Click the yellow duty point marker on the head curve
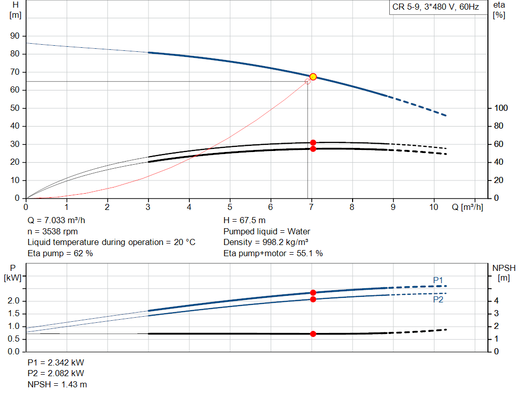[x=313, y=77]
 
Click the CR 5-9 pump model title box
[x=436, y=7]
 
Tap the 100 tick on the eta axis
[x=501, y=108]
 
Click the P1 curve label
[x=438, y=280]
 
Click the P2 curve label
[x=438, y=300]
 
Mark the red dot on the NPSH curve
[x=313, y=334]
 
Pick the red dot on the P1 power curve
[x=313, y=293]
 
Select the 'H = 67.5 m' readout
[x=244, y=221]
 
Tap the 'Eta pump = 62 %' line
[x=60, y=253]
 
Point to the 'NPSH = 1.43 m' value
[x=56, y=385]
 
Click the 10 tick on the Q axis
[x=434, y=207]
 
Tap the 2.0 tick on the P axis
[x=14, y=301]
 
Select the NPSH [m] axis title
[x=504, y=273]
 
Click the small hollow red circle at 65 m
[x=307, y=81]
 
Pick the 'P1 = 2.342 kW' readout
[x=56, y=363]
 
